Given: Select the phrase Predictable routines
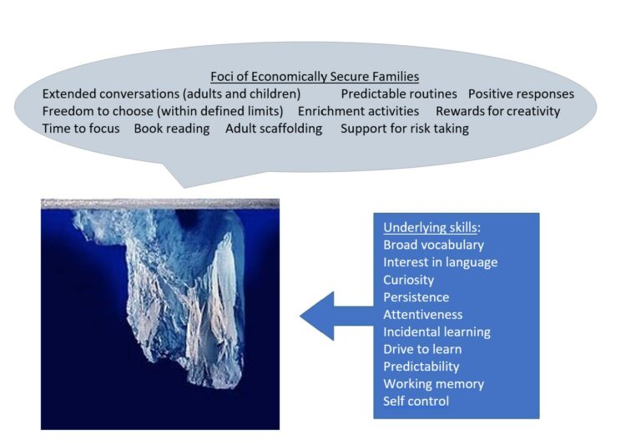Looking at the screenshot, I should (x=399, y=94).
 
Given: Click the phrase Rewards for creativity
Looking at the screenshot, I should (x=497, y=111).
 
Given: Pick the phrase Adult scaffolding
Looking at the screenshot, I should (x=274, y=129).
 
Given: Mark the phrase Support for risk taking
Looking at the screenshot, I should (x=404, y=129).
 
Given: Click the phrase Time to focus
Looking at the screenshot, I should (x=81, y=129).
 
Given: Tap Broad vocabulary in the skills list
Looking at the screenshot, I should (x=433, y=245).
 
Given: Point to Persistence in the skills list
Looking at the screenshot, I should (x=416, y=297).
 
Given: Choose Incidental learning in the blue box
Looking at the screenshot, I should (x=437, y=331).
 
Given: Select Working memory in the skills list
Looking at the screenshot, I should (x=433, y=384).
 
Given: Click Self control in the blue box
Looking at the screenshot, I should (x=416, y=402).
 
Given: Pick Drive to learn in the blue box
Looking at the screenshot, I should (x=421, y=349).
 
